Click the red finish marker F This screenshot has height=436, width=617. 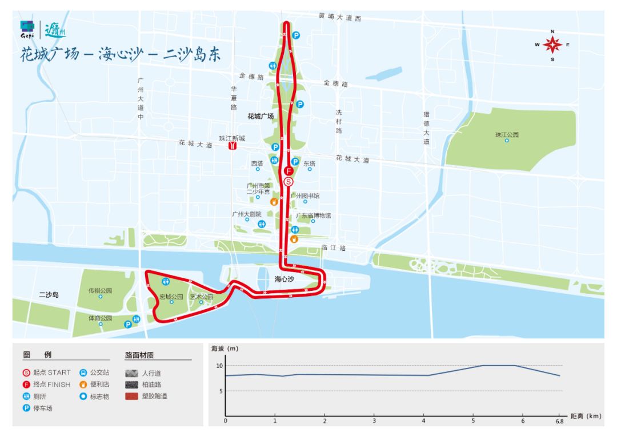coord(289,171)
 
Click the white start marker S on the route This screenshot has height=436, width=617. coord(289,182)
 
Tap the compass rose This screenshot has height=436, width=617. coord(552,45)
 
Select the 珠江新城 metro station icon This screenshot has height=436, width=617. coord(233,146)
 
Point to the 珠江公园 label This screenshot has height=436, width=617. coord(507,135)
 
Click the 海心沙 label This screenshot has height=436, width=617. coord(284,279)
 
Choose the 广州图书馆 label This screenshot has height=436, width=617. coord(305,195)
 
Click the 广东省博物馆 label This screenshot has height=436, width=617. coord(313,215)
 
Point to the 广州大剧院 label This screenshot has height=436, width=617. coord(247,214)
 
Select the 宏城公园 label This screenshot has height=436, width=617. coord(171,297)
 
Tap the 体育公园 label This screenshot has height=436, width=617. coord(100,318)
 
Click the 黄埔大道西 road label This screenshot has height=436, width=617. coord(340,18)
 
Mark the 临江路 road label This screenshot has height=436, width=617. coord(334,248)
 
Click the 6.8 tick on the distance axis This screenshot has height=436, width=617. coord(559,421)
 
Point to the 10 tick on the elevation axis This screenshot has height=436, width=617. coord(219,365)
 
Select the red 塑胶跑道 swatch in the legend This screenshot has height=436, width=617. coord(132,395)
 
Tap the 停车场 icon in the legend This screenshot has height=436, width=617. coord(26,408)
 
